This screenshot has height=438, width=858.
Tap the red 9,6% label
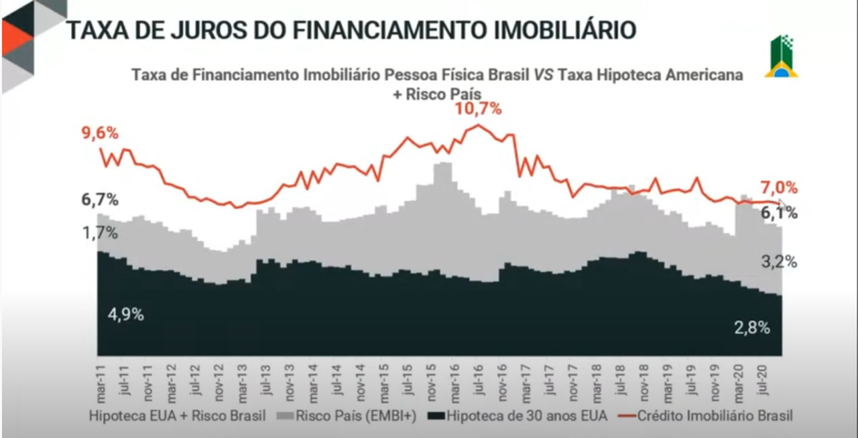pos(101,133)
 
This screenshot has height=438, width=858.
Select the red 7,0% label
pos(779,188)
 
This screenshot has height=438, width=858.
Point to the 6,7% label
pos(101,200)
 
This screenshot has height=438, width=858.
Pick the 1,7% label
pos(101,233)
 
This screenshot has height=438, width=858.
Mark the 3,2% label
pos(779,262)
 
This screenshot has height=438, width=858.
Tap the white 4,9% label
pos(126,314)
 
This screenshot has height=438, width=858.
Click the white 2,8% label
pos(752,328)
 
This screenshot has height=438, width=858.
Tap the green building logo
pos(781,57)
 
